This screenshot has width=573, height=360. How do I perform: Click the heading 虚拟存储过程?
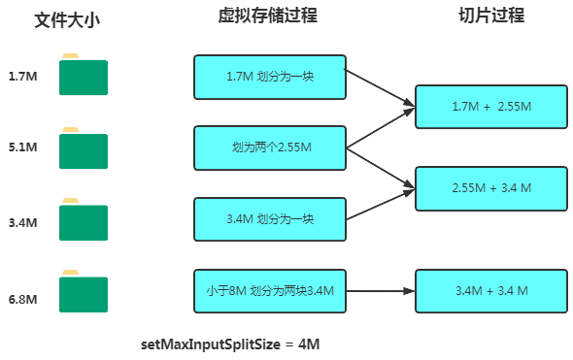click(268, 16)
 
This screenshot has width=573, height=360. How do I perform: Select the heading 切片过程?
click(492, 16)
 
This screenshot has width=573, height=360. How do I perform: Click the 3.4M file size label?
click(21, 222)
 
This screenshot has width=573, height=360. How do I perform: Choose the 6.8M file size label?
click(21, 299)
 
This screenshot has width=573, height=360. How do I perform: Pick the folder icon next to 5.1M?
click(83, 149)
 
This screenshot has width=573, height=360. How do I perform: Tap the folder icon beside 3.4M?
click(83, 222)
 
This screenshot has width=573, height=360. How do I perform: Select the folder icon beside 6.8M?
click(83, 293)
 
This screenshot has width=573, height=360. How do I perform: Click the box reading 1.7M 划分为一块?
click(269, 77)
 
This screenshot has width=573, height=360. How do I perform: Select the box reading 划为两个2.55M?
click(269, 148)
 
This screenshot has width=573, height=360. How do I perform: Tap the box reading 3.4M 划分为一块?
click(269, 219)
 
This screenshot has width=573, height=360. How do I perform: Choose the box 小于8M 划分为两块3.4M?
click(269, 290)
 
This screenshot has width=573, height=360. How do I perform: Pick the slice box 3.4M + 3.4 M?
click(490, 290)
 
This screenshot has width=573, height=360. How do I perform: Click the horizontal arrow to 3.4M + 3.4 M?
click(379, 290)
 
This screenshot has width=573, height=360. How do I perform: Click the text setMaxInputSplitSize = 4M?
click(230, 344)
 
